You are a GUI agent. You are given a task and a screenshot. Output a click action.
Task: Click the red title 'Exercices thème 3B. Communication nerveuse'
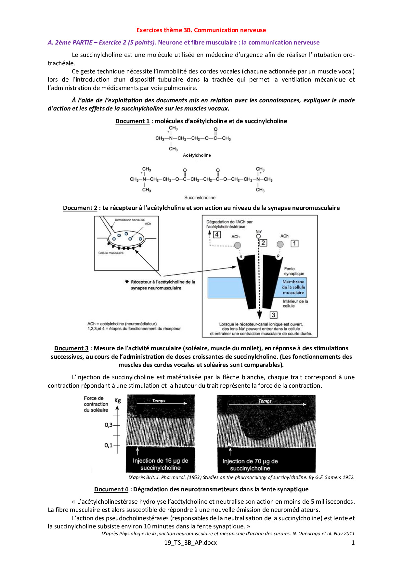[x=201, y=30]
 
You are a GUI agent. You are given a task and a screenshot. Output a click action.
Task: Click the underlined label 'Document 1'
[x=132, y=121]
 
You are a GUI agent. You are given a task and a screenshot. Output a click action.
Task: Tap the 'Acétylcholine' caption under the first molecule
[x=197, y=155]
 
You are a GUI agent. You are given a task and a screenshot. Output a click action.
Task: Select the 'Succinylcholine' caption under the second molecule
[x=200, y=198]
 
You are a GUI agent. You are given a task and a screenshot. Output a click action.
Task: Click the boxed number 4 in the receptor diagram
[x=217, y=234]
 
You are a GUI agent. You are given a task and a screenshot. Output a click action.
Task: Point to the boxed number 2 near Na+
[x=263, y=242]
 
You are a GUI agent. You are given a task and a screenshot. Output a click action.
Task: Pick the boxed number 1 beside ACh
[x=294, y=243]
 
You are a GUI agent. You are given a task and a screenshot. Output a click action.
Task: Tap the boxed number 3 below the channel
[x=273, y=315]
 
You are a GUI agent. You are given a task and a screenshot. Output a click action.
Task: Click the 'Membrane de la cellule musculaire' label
[x=293, y=287]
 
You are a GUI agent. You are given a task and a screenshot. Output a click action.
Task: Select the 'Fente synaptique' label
[x=294, y=271]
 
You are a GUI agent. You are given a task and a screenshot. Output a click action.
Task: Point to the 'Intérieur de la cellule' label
[x=295, y=304]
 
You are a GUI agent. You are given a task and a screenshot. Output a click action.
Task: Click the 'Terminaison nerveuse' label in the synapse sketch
[x=129, y=220]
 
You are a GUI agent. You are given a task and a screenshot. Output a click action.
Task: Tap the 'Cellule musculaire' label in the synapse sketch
[x=111, y=253]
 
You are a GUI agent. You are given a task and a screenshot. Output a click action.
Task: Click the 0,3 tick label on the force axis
[x=109, y=425]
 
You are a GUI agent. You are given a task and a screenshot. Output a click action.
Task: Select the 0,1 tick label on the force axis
[x=109, y=445]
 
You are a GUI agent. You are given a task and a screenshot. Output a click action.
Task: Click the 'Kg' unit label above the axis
[x=118, y=400]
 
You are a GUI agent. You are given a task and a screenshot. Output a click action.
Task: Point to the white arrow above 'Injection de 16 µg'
[x=137, y=451]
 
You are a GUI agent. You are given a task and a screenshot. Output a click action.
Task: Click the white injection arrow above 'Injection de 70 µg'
[x=230, y=451]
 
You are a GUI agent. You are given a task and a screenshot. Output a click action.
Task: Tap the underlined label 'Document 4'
[x=111, y=489]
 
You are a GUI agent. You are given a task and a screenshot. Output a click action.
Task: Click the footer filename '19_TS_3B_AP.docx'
[x=190, y=542]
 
